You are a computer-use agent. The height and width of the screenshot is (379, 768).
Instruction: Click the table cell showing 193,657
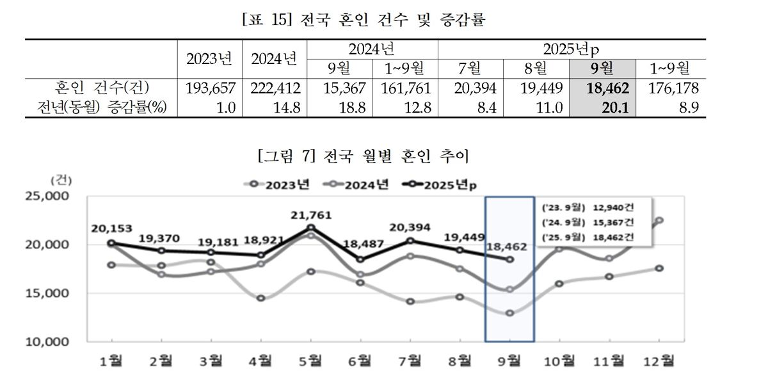tap(211, 88)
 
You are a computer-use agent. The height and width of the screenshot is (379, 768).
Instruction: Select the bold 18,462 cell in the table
tap(607, 88)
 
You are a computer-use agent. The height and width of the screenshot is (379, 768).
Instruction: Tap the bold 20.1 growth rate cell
tap(615, 108)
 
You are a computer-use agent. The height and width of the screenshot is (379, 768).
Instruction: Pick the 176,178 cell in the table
tap(673, 88)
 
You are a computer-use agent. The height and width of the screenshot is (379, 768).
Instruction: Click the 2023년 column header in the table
tap(209, 59)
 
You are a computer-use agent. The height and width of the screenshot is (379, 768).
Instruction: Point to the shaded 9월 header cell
tap(602, 69)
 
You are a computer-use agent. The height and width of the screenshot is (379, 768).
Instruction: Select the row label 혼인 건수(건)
tap(102, 88)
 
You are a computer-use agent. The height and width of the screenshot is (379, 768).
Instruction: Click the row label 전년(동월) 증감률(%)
tap(102, 108)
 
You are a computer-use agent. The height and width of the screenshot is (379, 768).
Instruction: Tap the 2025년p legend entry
tap(440, 185)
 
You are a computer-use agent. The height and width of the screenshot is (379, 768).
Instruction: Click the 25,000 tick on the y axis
tap(47, 196)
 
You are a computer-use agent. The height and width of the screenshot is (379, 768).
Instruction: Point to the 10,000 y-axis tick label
tap(47, 342)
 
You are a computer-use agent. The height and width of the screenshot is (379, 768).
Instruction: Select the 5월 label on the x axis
tap(310, 361)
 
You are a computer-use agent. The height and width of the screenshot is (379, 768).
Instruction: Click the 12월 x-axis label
tap(659, 361)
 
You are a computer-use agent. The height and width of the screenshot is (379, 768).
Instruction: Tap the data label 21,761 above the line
tap(311, 215)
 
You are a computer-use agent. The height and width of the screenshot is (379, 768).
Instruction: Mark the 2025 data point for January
tap(111, 243)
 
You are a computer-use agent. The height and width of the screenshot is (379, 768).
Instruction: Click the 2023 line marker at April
tap(261, 298)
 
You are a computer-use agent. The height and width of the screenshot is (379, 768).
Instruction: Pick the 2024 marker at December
tap(659, 220)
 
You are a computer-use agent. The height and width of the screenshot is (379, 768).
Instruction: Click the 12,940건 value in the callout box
tap(613, 207)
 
